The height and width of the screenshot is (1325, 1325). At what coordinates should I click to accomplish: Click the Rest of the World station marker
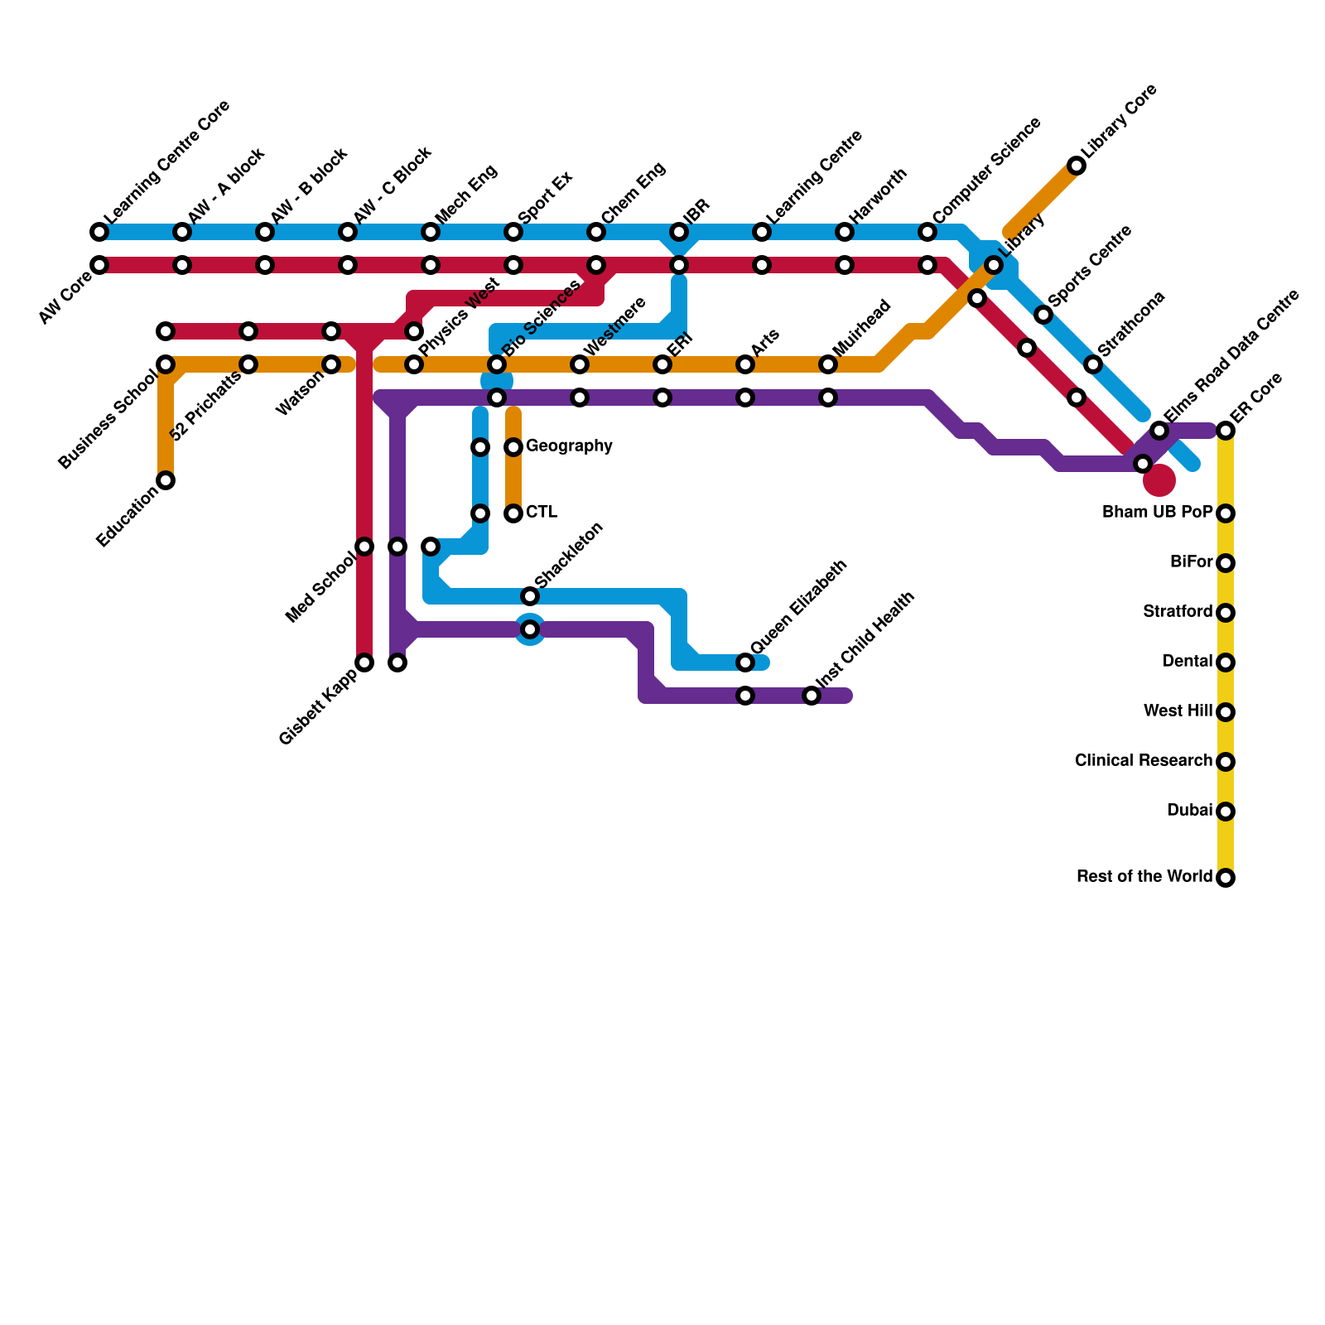1226,878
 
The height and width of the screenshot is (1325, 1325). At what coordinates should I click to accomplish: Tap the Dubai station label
1189,811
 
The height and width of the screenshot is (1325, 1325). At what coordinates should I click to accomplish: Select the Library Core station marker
1077,166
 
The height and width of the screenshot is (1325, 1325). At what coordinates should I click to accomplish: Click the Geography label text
569,446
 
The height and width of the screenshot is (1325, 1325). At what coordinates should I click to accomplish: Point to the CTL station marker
513,513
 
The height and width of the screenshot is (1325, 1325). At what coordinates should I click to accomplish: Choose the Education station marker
166,480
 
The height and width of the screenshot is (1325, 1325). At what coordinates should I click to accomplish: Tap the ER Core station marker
1226,431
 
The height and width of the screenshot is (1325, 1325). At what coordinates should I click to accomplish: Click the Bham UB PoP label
1157,513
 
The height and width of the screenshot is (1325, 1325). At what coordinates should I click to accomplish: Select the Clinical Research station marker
1226,762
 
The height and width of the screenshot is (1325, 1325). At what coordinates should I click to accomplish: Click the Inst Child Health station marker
812,696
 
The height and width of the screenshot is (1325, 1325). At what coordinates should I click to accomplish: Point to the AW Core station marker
99,265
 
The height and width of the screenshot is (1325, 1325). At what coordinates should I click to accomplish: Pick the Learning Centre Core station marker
99,232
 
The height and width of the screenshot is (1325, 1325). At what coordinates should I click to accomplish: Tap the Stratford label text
1177,612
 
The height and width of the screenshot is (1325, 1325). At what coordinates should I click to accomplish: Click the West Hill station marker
1226,712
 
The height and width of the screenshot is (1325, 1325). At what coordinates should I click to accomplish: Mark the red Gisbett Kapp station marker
364,662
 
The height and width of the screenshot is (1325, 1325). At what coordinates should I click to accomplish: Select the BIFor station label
1191,562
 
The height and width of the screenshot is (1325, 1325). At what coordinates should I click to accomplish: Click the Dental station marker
1226,662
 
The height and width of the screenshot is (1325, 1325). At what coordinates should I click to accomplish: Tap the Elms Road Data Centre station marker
1159,431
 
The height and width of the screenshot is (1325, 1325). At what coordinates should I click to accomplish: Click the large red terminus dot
1159,480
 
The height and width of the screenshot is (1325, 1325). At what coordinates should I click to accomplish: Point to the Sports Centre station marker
1043,315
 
